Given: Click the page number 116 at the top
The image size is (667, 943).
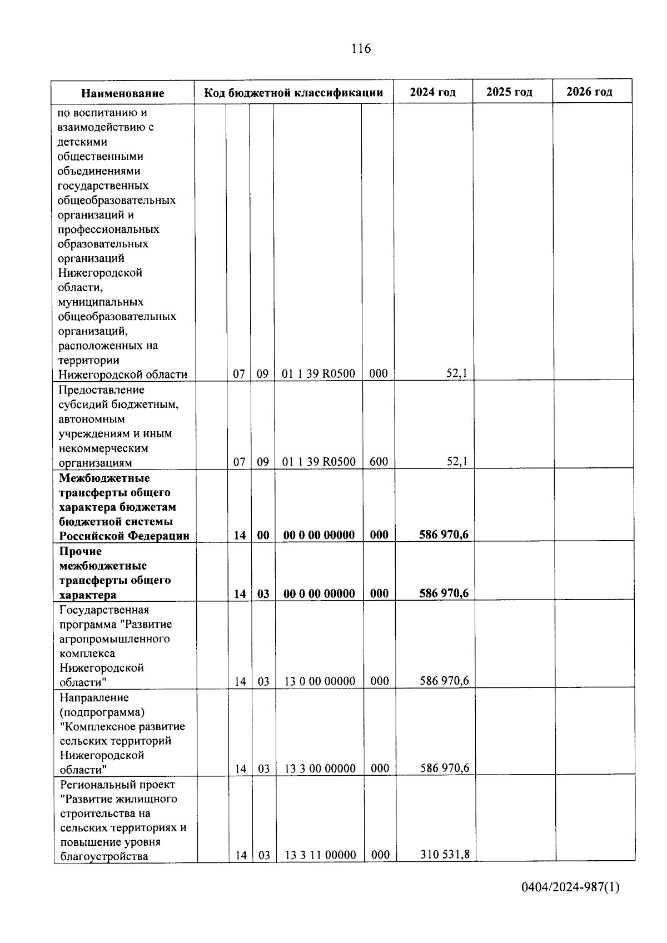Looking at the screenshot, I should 361,49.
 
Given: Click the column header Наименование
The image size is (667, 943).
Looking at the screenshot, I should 123,93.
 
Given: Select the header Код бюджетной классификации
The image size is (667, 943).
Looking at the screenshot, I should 293,93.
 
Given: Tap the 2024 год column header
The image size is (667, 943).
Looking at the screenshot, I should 432,92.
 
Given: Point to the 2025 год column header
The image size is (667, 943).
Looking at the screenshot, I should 509,92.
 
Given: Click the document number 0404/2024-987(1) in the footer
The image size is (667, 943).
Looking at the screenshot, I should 570,902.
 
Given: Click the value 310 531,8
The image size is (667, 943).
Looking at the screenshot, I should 445,855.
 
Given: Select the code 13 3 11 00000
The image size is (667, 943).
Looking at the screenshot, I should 320,855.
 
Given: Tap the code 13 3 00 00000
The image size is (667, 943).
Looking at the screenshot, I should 320,769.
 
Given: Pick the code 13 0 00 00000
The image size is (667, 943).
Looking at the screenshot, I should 320,681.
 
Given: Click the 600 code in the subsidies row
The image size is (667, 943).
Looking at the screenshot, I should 379,462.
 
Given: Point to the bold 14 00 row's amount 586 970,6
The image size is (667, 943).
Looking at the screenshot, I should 444,535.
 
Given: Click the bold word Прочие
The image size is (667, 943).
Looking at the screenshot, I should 81,552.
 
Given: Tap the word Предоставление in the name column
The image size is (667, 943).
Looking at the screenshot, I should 101,390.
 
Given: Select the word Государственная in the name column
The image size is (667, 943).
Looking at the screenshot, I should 104,610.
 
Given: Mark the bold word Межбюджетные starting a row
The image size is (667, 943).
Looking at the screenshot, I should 104,478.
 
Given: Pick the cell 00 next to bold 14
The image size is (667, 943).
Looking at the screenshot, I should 263,535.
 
